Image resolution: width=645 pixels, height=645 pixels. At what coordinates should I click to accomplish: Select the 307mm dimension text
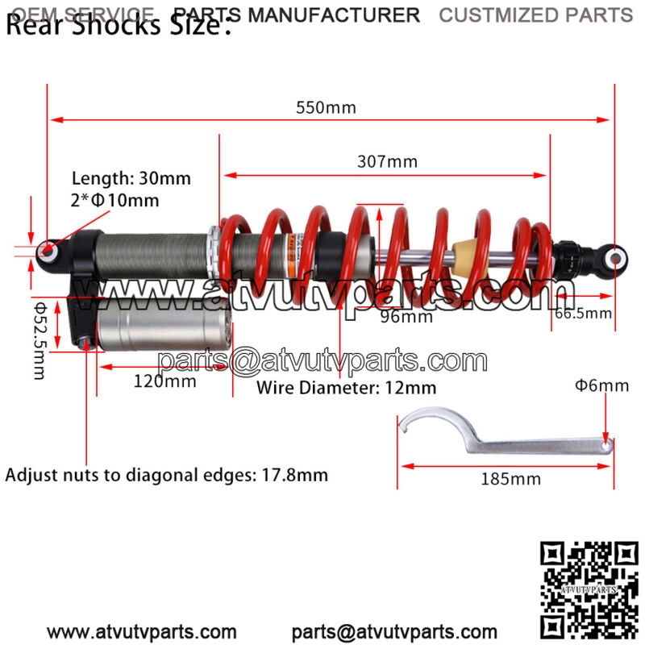tap(387, 161)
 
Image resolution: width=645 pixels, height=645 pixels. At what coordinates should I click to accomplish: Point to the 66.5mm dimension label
tap(583, 313)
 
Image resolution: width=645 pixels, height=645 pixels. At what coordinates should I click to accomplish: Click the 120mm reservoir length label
tap(164, 381)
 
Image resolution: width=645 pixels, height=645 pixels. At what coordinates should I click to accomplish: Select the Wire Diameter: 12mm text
tap(346, 388)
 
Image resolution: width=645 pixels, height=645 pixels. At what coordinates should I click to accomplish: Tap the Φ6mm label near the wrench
tap(601, 385)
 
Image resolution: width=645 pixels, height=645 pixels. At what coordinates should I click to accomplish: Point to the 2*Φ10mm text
tap(115, 200)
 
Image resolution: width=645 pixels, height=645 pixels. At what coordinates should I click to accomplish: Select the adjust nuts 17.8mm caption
tap(167, 475)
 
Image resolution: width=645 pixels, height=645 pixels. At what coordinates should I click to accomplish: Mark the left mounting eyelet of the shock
tap(49, 252)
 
